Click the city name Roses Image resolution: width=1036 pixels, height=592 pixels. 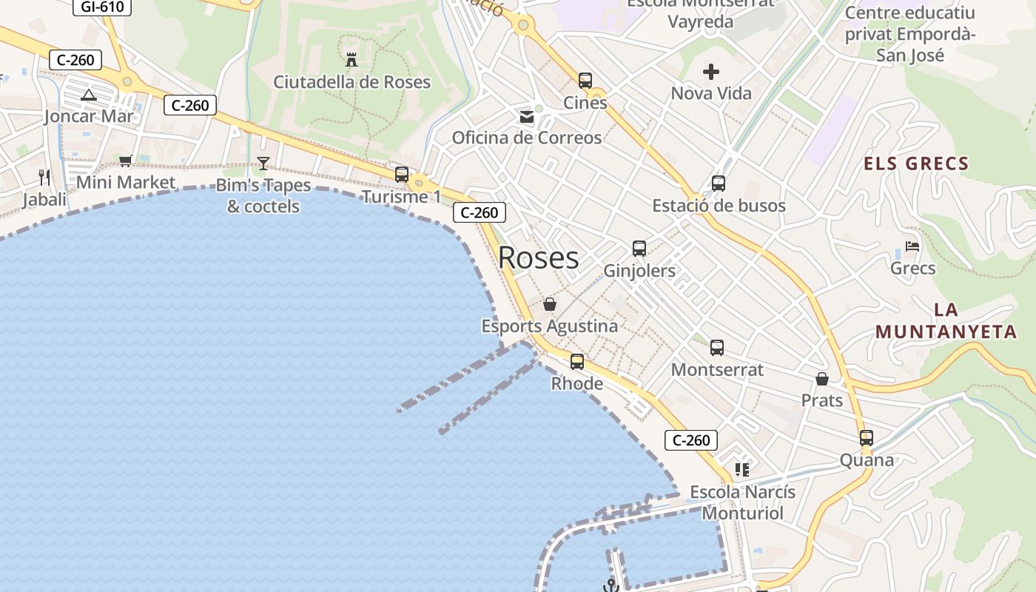coord(538,258)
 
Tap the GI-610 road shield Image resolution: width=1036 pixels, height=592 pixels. coord(102,7)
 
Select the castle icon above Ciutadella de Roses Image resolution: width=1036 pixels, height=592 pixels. coord(352,59)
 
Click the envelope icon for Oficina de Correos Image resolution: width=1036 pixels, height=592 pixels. coord(527,116)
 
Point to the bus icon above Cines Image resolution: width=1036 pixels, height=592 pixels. coord(585,80)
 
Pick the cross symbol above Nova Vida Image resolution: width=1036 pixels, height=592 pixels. coord(711,72)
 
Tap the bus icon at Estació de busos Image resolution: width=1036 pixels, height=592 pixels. coord(719,184)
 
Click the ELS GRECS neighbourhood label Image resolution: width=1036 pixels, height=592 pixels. coord(916,164)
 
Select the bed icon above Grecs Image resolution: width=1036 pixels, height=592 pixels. coord(912,246)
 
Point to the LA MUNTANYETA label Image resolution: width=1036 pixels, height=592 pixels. coord(946,320)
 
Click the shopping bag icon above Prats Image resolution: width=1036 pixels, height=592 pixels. coord(822,379)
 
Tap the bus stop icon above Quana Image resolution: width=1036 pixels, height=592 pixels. coord(867,438)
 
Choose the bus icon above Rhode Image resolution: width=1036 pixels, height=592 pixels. coord(577,362)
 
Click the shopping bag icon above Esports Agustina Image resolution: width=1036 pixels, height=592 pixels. coord(550,304)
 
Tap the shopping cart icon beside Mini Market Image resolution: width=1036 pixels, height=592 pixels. coord(126,161)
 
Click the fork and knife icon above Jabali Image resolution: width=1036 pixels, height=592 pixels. coord(44,177)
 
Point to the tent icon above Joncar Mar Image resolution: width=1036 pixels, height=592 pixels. coord(89,95)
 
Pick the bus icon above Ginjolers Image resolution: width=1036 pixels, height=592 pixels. coord(639,249)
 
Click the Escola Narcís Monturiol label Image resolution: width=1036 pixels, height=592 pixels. coord(742,502)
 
